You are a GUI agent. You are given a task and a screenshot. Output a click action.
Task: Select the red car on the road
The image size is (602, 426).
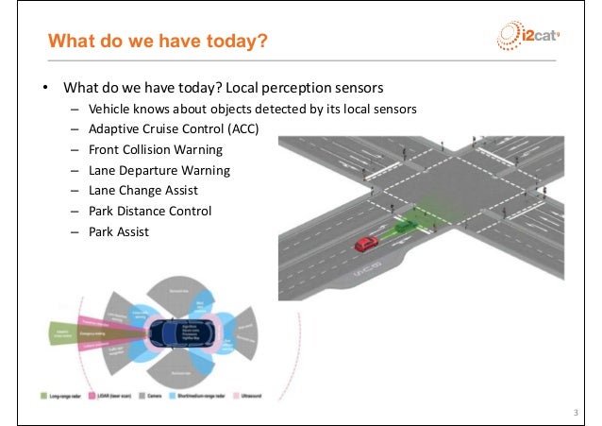365,244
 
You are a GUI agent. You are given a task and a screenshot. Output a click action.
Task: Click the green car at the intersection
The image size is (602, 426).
406,227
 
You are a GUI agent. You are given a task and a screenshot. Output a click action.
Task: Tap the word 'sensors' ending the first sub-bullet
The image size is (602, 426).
395,109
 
